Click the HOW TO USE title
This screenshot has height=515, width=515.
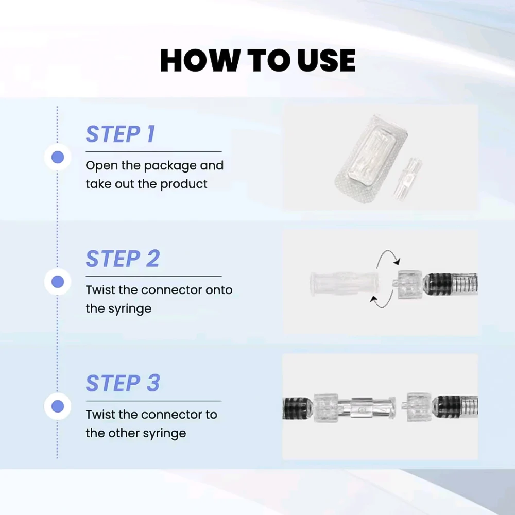click(x=257, y=60)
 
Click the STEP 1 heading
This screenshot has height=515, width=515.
click(x=120, y=134)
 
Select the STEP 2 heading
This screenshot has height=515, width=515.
click(x=123, y=259)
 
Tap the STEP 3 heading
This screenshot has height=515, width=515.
click(x=123, y=383)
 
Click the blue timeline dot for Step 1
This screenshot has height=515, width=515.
click(x=58, y=157)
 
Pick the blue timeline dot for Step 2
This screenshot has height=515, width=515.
click(x=58, y=282)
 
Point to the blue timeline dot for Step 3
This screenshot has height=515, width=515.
click(x=58, y=406)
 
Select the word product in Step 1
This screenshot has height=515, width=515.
click(x=184, y=184)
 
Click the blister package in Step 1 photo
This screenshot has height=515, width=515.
click(x=370, y=158)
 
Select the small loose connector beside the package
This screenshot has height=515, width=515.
click(x=408, y=178)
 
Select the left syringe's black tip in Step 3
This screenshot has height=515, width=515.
click(x=298, y=408)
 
